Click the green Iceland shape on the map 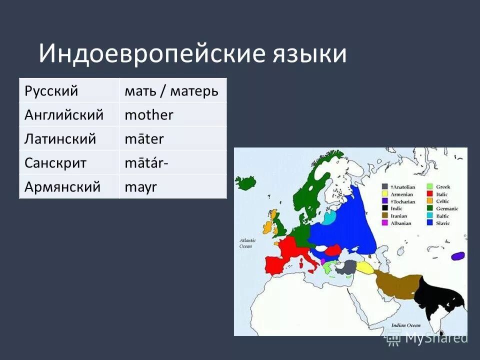[245, 182]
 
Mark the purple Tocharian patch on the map [457, 256]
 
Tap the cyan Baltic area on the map [328, 218]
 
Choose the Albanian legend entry [400, 223]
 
